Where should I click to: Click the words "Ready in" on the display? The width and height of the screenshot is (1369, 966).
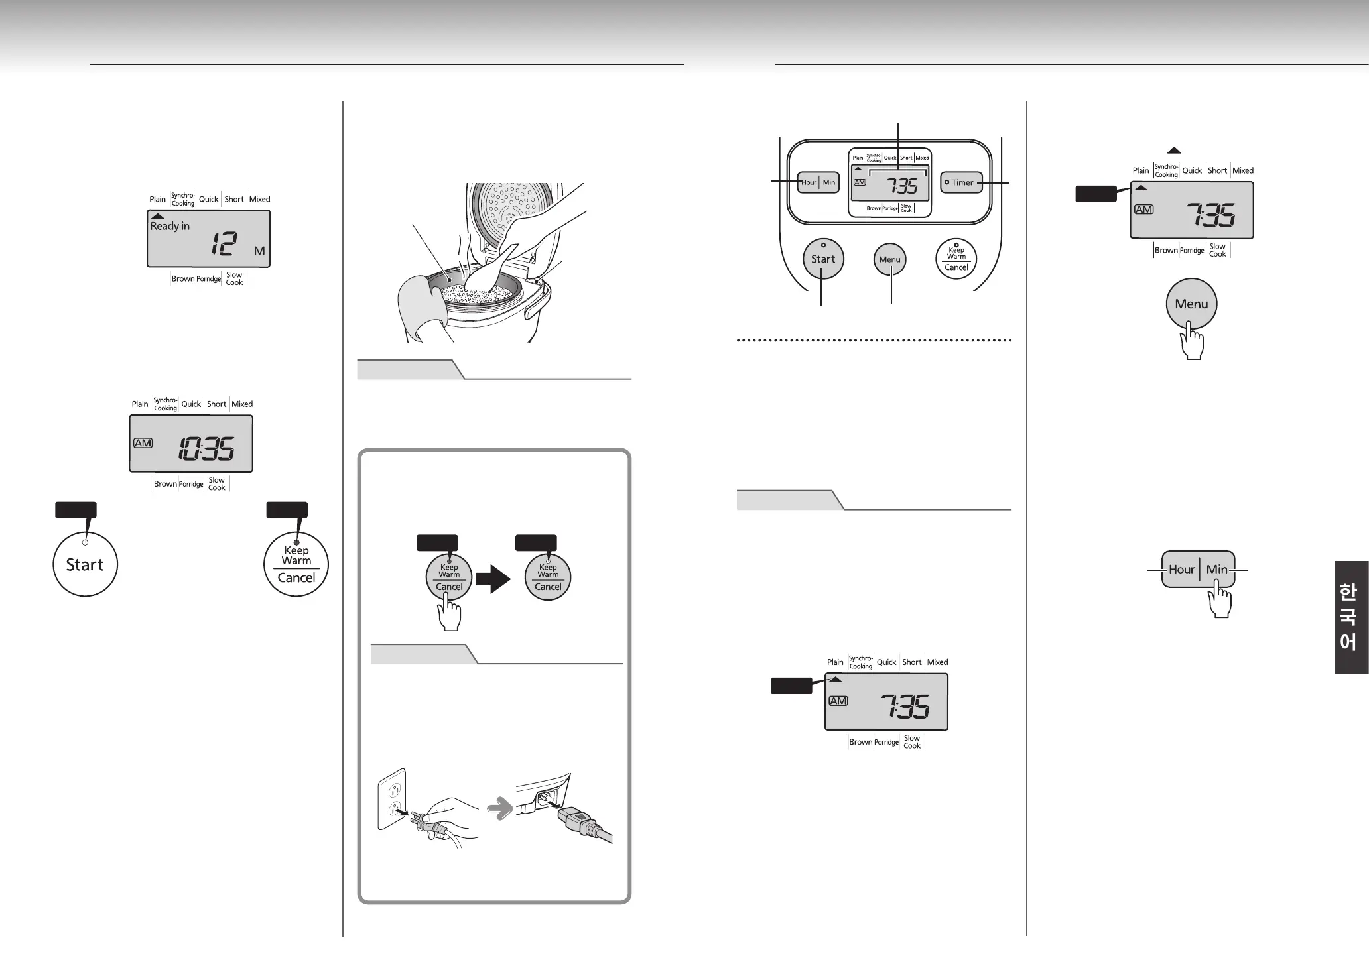click(x=170, y=226)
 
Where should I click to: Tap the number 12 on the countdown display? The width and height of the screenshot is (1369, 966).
click(x=224, y=244)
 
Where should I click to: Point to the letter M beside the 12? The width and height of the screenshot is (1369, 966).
click(x=259, y=251)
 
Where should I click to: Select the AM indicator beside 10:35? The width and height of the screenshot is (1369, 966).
click(x=143, y=442)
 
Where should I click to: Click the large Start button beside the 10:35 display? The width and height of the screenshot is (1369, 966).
click(x=85, y=564)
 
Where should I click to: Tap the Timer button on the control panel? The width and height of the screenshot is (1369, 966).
click(x=961, y=182)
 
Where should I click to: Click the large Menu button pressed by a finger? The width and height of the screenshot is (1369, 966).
click(x=1191, y=304)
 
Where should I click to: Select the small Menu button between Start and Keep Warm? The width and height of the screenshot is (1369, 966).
click(x=889, y=259)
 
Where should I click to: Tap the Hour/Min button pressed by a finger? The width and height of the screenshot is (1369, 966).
click(x=1198, y=569)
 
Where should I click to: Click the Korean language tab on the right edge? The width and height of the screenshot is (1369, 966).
click(x=1351, y=617)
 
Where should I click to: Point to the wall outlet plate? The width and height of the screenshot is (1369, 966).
click(x=392, y=799)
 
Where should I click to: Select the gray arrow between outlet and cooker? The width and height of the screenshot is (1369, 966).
click(x=500, y=808)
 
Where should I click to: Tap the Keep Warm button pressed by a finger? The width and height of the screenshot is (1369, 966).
click(x=449, y=577)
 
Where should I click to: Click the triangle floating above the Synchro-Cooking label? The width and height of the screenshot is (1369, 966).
click(x=1173, y=151)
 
